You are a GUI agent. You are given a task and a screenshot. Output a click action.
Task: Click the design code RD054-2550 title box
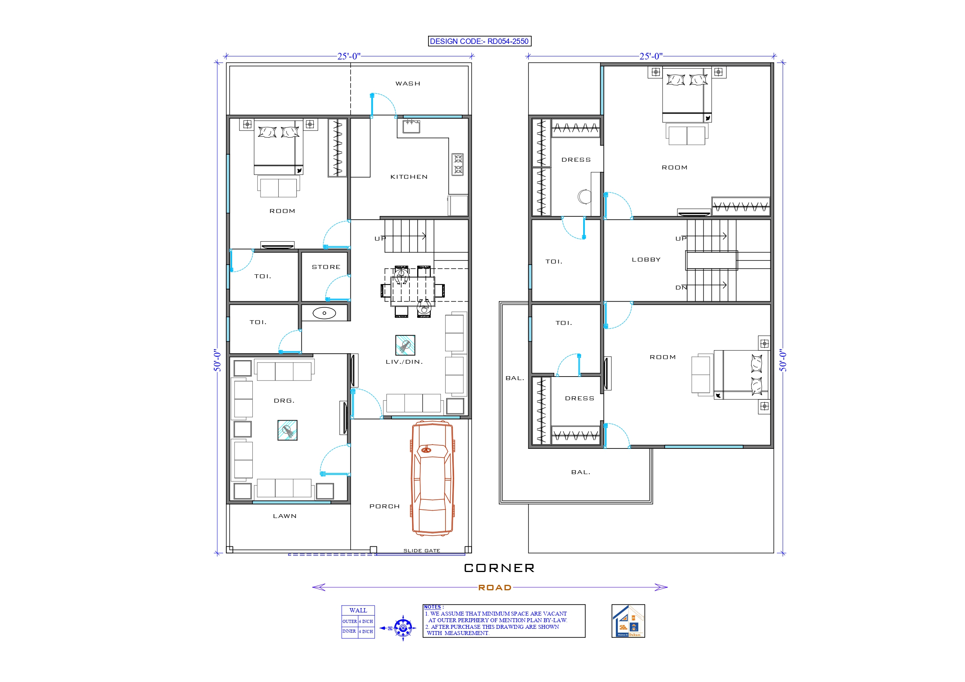tap(479, 41)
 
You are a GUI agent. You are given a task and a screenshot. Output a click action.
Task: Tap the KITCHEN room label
tap(409, 177)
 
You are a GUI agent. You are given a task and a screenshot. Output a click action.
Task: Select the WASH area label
tap(408, 84)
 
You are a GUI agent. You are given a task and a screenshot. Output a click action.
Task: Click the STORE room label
tap(326, 267)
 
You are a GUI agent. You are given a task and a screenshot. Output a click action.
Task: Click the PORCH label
tap(384, 506)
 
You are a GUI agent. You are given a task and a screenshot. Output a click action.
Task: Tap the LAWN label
tap(285, 516)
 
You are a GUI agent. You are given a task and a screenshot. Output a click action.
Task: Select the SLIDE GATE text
tap(421, 551)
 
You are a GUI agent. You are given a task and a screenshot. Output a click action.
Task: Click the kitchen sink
tap(411, 126)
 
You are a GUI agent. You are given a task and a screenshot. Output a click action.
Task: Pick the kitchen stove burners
tap(458, 164)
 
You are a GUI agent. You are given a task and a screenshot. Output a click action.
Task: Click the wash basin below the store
tap(324, 313)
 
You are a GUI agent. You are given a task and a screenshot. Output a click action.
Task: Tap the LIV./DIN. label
tap(404, 362)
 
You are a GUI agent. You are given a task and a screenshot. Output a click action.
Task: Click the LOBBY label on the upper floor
tap(646, 260)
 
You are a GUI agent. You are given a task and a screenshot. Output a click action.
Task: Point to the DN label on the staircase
tap(681, 288)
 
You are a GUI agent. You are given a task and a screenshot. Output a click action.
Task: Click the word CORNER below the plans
tap(499, 568)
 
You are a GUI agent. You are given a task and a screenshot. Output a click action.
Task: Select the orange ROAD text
tap(495, 588)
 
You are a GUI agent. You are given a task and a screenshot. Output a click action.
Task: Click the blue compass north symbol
tap(403, 628)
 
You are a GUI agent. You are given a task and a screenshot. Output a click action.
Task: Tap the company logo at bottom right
tap(628, 621)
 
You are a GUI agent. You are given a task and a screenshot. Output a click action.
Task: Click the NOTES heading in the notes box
tap(433, 607)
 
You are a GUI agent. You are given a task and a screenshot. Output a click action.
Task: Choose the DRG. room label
tap(284, 401)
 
